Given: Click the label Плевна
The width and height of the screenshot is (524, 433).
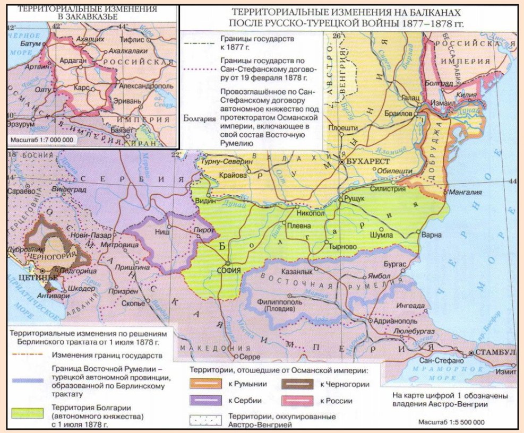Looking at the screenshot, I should (299, 225).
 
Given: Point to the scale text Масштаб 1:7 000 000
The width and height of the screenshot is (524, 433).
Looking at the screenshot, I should (41, 140).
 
